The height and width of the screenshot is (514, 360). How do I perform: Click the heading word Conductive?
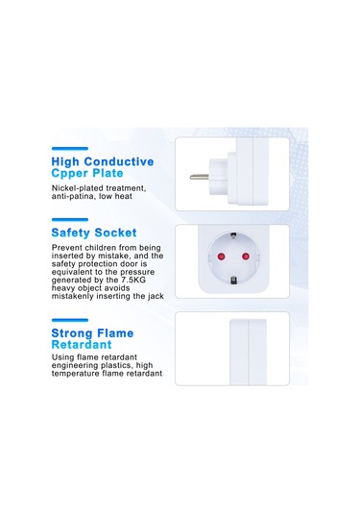pyautogui.click(x=119, y=161)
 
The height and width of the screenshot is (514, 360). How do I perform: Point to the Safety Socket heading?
pyautogui.click(x=94, y=233)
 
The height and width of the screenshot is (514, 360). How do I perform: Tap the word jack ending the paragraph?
pyautogui.click(x=156, y=296)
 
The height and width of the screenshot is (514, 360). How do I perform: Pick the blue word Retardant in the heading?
pyautogui.click(x=82, y=345)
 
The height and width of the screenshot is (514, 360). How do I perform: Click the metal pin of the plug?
pyautogui.click(x=199, y=178)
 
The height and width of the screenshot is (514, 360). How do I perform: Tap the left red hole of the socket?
pyautogui.click(x=221, y=257)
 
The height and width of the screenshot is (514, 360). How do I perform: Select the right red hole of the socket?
pyautogui.click(x=246, y=257)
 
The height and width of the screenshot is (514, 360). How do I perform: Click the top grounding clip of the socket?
pyautogui.click(x=233, y=234)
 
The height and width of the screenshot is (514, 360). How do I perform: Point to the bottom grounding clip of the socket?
pyautogui.click(x=233, y=281)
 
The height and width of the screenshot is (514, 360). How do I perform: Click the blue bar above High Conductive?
pyautogui.click(x=70, y=149)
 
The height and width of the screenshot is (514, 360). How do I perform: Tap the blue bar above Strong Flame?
pyautogui.click(x=70, y=320)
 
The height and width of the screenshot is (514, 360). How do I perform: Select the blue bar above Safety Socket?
pyautogui.click(x=70, y=220)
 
